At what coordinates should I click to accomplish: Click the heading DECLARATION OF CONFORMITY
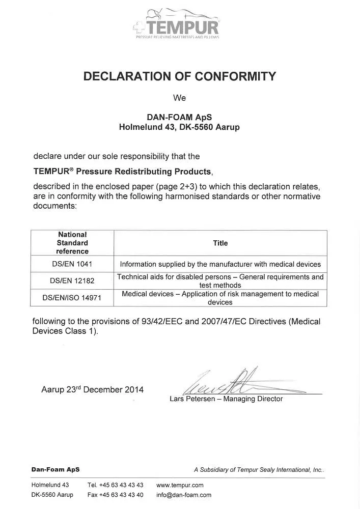pyautogui.click(x=179, y=76)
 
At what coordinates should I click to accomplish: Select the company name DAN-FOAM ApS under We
pyautogui.click(x=179, y=117)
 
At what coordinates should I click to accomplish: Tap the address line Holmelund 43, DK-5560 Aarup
pyautogui.click(x=179, y=127)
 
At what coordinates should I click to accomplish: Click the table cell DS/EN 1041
pyautogui.click(x=72, y=264)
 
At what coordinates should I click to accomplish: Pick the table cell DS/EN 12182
pyautogui.click(x=72, y=280)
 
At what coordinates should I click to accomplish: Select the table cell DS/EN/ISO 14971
pyautogui.click(x=72, y=298)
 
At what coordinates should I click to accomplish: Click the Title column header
pyautogui.click(x=220, y=243)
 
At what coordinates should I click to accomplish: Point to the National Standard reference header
pyautogui.click(x=72, y=243)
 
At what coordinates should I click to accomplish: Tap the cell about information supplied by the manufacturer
pyautogui.click(x=220, y=264)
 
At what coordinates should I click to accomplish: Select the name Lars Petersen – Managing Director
pyautogui.click(x=226, y=399)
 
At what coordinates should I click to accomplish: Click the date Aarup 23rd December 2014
pyautogui.click(x=92, y=390)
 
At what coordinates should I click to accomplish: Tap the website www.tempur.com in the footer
pyautogui.click(x=180, y=485)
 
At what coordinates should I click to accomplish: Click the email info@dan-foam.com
pyautogui.click(x=183, y=495)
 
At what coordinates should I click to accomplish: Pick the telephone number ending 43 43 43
pyautogui.click(x=115, y=485)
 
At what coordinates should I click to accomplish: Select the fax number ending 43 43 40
pyautogui.click(x=115, y=495)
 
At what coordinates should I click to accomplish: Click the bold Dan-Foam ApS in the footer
pyautogui.click(x=56, y=469)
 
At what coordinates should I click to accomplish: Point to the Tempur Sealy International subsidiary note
pyautogui.click(x=259, y=470)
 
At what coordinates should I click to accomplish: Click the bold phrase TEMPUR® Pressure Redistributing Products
pyautogui.click(x=122, y=172)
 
